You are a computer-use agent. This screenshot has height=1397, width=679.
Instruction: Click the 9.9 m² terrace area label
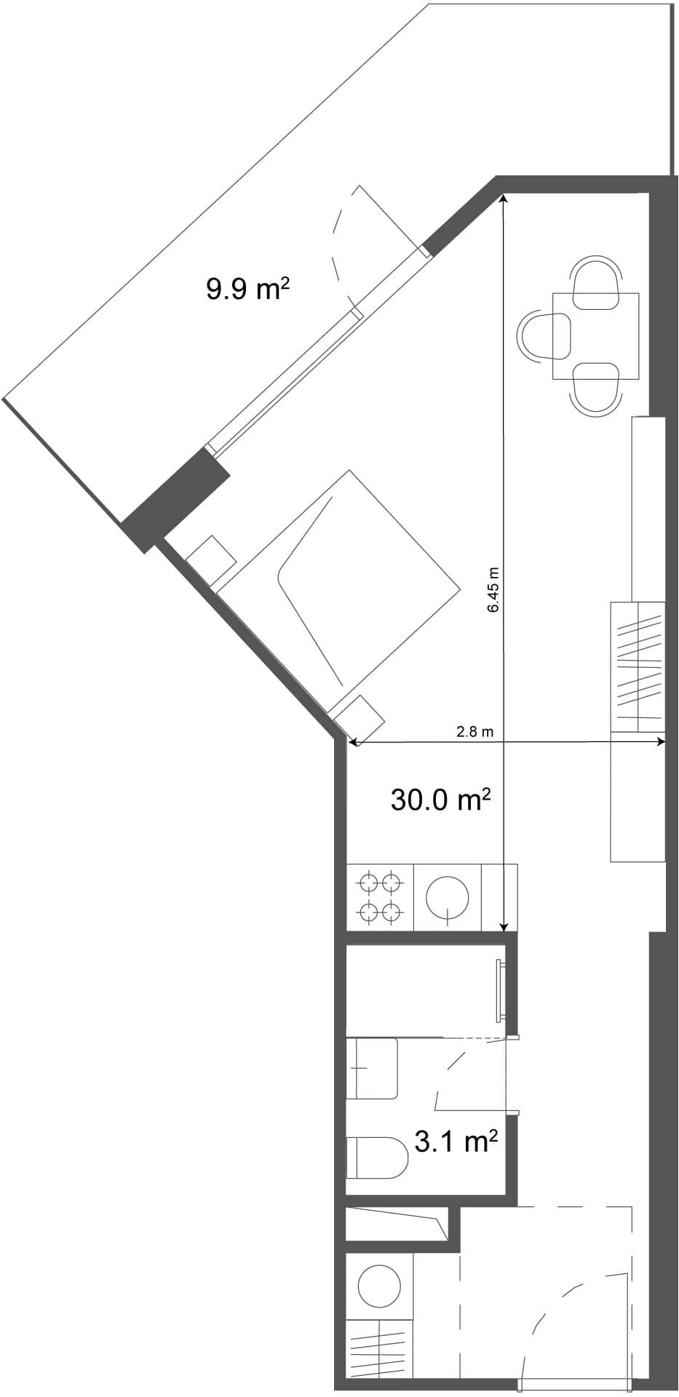248,289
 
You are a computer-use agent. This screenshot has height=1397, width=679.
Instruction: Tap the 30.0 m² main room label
440,800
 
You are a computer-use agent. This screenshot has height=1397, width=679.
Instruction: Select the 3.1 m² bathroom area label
456,1141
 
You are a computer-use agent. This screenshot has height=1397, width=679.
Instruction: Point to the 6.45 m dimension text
493,589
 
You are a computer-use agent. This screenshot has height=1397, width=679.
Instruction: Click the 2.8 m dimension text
474,732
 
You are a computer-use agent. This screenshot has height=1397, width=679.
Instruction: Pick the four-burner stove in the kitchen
380,896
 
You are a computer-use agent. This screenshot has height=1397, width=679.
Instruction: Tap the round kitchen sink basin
446,896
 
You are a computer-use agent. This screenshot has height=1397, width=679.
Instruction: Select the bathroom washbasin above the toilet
371,1067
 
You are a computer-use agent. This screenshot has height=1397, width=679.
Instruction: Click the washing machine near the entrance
379,1286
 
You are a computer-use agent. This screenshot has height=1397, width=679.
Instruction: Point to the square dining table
595,335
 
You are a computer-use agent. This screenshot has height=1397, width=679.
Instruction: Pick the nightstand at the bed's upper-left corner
211,562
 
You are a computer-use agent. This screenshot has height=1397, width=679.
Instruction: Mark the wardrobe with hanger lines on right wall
638,666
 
